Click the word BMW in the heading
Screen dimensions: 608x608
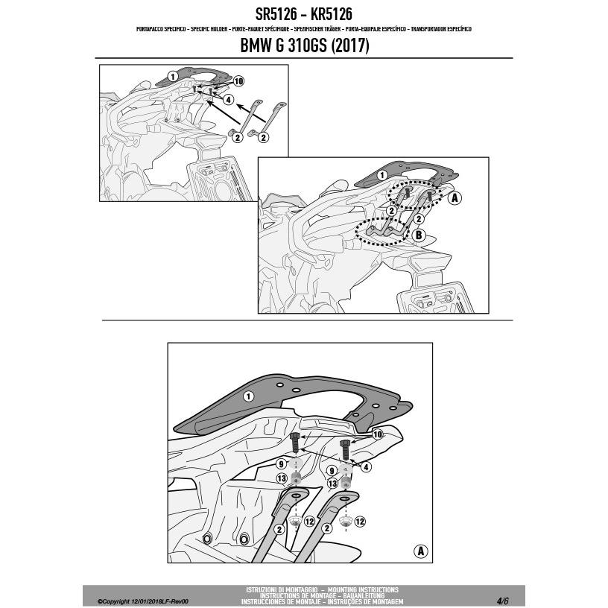pyautogui.click(x=255, y=46)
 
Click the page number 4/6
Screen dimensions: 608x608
pyautogui.click(x=504, y=600)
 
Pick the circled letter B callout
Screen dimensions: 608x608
pyautogui.click(x=418, y=235)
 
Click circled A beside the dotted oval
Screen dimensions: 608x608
pyautogui.click(x=455, y=197)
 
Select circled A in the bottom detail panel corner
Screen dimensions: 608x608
pyautogui.click(x=420, y=552)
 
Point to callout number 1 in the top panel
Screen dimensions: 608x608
pyautogui.click(x=172, y=75)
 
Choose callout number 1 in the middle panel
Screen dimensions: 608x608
pyautogui.click(x=381, y=174)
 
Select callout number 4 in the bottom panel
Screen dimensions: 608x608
pyautogui.click(x=365, y=467)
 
